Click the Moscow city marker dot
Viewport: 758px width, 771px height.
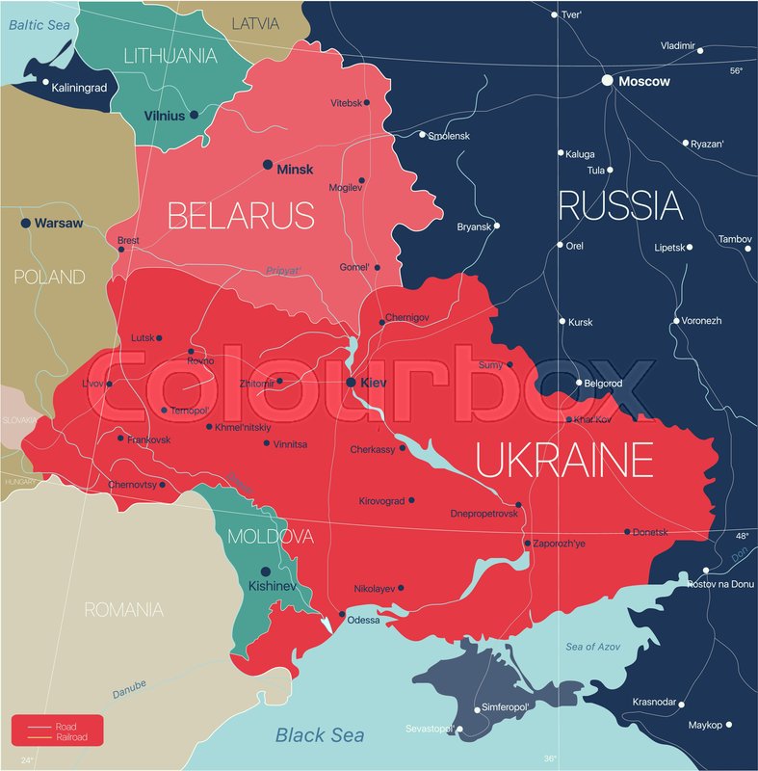607,81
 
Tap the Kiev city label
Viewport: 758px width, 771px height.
373,383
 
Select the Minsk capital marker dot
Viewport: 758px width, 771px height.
268,166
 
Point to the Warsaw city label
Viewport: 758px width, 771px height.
58,223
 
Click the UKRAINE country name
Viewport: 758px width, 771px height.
563,460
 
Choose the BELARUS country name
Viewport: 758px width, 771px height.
241,214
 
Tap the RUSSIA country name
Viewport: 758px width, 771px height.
620,205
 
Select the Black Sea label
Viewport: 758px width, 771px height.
320,735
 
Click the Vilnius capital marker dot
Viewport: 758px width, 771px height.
194,115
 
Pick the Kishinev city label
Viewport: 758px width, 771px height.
265,585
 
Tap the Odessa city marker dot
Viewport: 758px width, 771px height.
341,614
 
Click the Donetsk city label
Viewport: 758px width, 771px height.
651,532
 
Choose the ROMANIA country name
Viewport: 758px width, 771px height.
123,609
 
